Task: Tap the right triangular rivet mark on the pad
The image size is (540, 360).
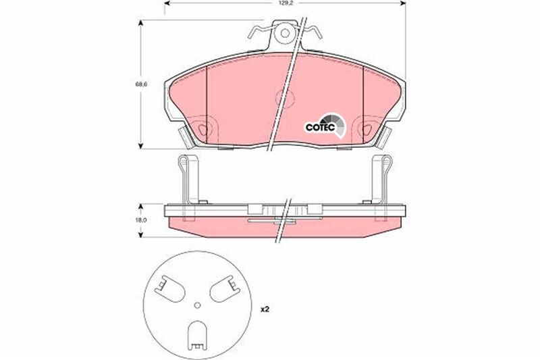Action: (368, 127)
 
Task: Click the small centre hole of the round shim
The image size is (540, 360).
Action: (196, 305)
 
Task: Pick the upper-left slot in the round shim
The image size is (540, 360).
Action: (169, 290)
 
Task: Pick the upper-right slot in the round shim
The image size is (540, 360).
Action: (223, 290)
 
